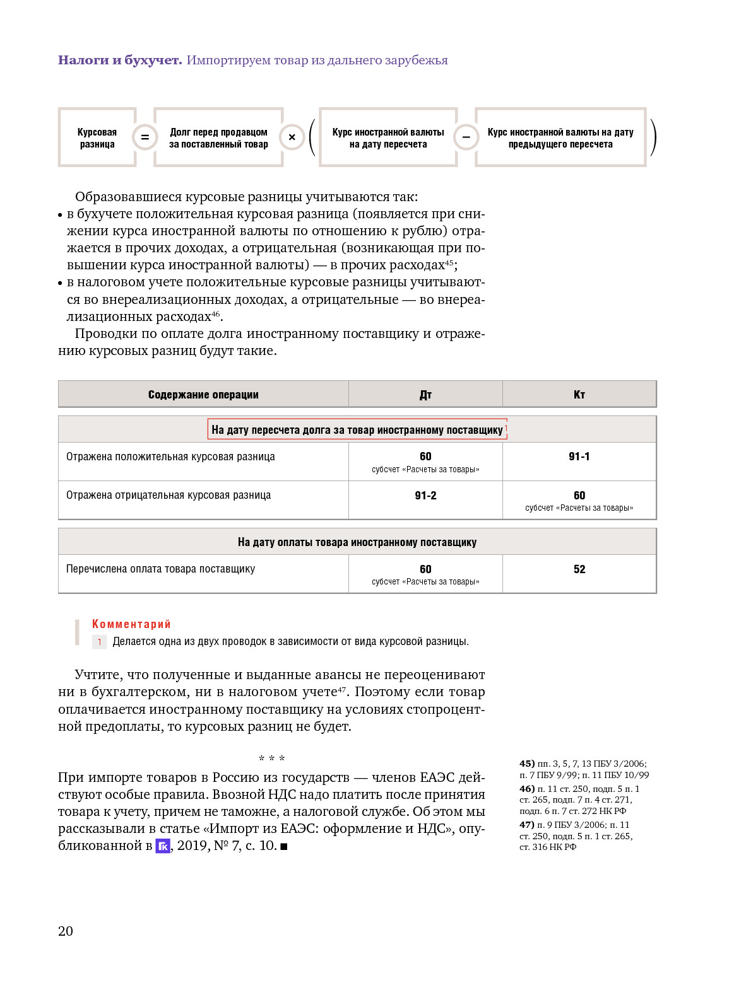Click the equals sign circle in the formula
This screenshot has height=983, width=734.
(x=145, y=137)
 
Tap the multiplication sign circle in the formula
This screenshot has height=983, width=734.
(x=292, y=137)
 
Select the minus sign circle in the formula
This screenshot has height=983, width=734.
(x=466, y=137)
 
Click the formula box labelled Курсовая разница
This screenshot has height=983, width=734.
(x=97, y=138)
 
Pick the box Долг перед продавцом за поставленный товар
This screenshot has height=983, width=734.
(x=218, y=138)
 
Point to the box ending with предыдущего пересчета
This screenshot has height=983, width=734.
(x=560, y=138)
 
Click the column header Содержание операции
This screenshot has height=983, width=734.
(x=203, y=395)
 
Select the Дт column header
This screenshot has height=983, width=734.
(x=425, y=395)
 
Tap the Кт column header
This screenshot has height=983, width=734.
(x=579, y=395)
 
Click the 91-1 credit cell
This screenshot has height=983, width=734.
(x=579, y=457)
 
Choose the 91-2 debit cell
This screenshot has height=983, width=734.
(x=425, y=496)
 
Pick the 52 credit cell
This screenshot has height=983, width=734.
(x=579, y=569)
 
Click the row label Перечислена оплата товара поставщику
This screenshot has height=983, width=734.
(x=161, y=569)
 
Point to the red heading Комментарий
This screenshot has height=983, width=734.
(x=131, y=624)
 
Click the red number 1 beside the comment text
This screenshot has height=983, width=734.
(x=99, y=642)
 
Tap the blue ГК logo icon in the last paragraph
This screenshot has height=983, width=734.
(x=163, y=846)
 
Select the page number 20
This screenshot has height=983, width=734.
(x=66, y=931)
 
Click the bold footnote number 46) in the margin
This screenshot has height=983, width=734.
(x=527, y=789)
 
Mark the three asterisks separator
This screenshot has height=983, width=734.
(x=271, y=759)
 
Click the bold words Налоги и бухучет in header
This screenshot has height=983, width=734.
(x=120, y=60)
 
